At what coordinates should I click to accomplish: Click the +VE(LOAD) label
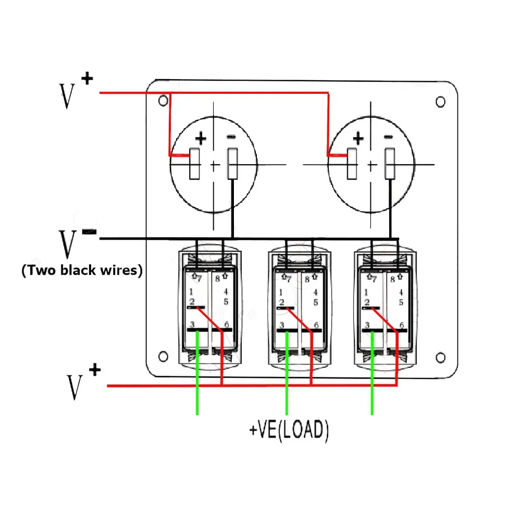pyautogui.click(x=289, y=430)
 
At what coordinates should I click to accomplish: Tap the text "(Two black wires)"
pyautogui.click(x=82, y=270)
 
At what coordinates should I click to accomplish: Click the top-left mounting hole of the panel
pyautogui.click(x=163, y=101)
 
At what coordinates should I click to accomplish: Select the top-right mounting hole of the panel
pyautogui.click(x=440, y=102)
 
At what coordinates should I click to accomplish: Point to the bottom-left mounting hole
pyautogui.click(x=163, y=356)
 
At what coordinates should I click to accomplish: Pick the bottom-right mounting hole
pyautogui.click(x=440, y=357)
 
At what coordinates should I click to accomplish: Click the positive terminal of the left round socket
pyautogui.click(x=194, y=164)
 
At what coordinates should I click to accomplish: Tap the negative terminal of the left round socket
pyautogui.click(x=232, y=164)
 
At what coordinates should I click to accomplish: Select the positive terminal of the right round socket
pyautogui.click(x=352, y=164)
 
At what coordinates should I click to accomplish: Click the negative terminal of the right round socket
pyautogui.click(x=390, y=164)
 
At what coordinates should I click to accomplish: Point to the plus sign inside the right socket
pyautogui.click(x=358, y=138)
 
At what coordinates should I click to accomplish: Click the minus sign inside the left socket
pyautogui.click(x=231, y=137)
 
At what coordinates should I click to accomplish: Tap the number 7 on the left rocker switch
pyautogui.click(x=200, y=278)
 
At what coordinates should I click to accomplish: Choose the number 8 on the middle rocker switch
pyautogui.click(x=307, y=279)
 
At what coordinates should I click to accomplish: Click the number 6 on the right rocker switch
pyautogui.click(x=401, y=325)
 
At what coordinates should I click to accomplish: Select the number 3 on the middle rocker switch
pyautogui.click(x=282, y=325)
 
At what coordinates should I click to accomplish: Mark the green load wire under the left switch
pyautogui.click(x=197, y=373)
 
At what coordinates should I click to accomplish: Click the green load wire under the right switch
pyautogui.click(x=372, y=373)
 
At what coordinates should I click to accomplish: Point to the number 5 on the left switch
pyautogui.click(x=226, y=302)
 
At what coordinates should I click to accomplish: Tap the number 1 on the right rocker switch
pyautogui.click(x=366, y=292)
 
